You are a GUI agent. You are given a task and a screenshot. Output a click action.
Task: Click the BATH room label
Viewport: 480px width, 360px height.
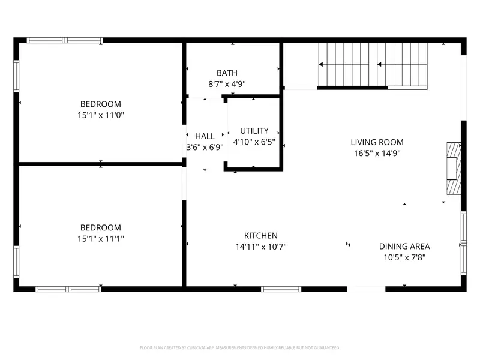click(x=227, y=73)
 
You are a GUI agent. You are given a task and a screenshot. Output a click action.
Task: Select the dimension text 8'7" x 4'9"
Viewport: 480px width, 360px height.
click(x=227, y=85)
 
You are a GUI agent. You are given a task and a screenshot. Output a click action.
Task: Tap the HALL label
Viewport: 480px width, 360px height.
click(x=205, y=136)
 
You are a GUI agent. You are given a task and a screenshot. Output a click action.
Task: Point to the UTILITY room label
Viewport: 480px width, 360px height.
click(x=254, y=131)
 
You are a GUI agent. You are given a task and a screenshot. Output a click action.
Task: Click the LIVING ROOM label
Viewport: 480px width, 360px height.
click(x=377, y=142)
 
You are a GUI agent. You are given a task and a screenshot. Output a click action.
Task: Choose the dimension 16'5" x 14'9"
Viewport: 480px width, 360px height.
click(x=377, y=153)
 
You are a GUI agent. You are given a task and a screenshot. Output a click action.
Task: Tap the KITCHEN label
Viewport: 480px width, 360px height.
click(x=260, y=236)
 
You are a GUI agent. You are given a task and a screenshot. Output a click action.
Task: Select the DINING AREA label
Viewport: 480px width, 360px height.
click(x=404, y=246)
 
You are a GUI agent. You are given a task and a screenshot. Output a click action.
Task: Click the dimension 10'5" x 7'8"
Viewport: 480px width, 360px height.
click(x=404, y=257)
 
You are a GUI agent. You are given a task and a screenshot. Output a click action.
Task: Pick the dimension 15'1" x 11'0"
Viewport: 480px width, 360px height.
click(x=101, y=115)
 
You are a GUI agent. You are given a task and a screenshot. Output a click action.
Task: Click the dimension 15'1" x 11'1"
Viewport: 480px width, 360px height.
click(x=101, y=239)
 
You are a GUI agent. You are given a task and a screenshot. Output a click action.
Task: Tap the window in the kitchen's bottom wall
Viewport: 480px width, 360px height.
click(x=281, y=289)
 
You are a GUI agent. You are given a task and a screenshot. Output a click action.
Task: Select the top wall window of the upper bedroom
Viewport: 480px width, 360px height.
click(x=65, y=40)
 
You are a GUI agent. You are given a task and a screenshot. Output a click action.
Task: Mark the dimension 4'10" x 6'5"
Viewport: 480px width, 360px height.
click(x=254, y=142)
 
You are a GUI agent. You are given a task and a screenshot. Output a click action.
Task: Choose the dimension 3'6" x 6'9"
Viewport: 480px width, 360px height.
click(x=205, y=147)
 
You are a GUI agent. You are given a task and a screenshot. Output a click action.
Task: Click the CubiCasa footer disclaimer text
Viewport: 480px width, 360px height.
click(x=240, y=347)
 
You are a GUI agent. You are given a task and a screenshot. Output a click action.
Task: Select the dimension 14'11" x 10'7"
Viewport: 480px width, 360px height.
click(x=260, y=247)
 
